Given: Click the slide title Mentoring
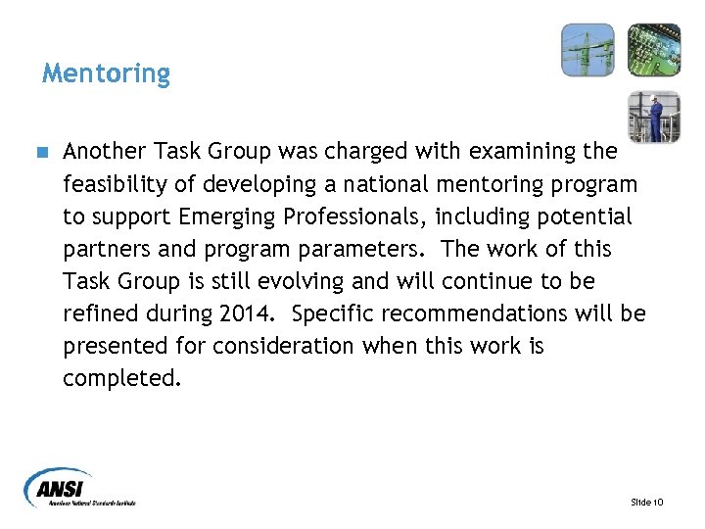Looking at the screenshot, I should (106, 73).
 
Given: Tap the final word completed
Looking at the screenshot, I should (122, 378).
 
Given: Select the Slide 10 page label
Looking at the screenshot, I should (647, 502).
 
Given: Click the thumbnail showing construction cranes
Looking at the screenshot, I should (587, 50).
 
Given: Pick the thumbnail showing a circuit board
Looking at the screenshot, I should (653, 50).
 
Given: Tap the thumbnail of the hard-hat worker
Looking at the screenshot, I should (653, 117).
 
